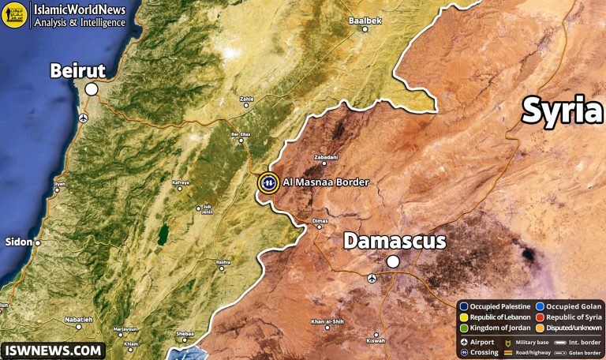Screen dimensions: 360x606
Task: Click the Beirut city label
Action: coord(77,71)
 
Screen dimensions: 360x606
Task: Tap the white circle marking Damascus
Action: coord(392,262)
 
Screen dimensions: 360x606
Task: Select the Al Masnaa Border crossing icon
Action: coord(268,182)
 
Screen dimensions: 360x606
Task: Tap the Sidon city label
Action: coord(17,242)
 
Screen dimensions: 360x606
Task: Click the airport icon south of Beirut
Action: coord(84,118)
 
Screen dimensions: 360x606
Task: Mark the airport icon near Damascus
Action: coord(372,277)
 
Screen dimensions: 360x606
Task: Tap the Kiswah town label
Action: coord(376,340)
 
